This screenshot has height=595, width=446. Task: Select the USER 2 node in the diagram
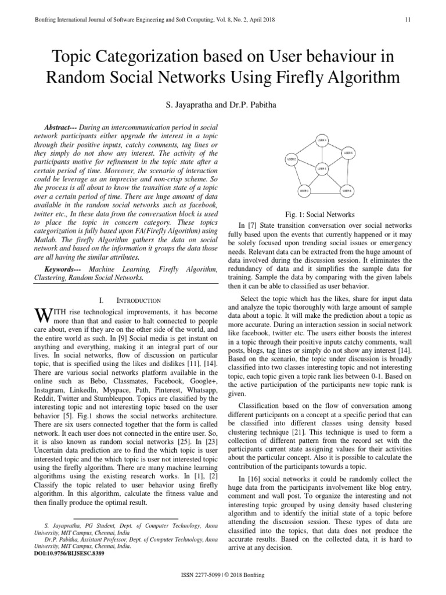click(292, 159)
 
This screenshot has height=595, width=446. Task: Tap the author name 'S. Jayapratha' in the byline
click(185, 107)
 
